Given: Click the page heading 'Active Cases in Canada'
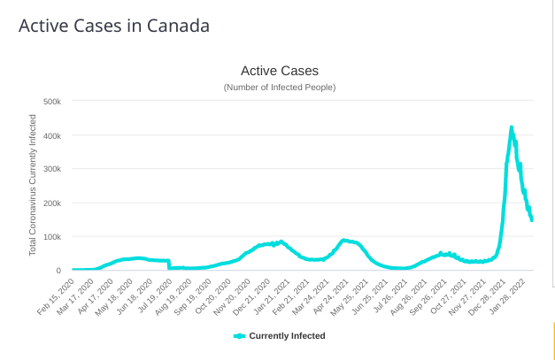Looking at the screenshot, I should tap(114, 26).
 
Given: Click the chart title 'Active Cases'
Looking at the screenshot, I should tap(279, 70).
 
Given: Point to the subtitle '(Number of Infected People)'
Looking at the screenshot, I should tap(279, 87).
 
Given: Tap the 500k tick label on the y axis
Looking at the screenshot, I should tap(51, 102).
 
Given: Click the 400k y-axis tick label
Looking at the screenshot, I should tap(51, 135).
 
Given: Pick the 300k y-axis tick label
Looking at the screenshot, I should tap(51, 169).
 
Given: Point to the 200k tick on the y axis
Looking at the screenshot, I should tap(51, 203).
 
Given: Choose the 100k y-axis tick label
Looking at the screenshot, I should tap(51, 236).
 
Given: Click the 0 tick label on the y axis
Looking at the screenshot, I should tap(58, 270).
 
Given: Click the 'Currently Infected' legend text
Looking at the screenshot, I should tap(287, 336).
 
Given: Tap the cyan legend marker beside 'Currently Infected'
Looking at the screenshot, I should tap(239, 336).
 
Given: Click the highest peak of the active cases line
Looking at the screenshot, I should tap(512, 127).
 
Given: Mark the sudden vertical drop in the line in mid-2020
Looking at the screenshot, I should tap(169, 264).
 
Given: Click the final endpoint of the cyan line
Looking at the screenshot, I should tap(531, 219).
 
